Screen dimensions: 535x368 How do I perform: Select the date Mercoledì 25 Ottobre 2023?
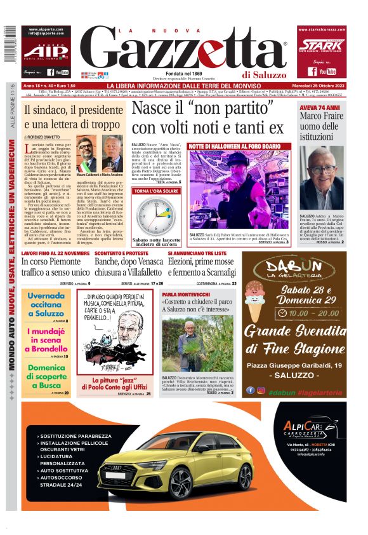[x=320, y=85]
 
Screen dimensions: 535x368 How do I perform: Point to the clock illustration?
[x=153, y=216]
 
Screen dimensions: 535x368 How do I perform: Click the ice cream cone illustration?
[x=254, y=308]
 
